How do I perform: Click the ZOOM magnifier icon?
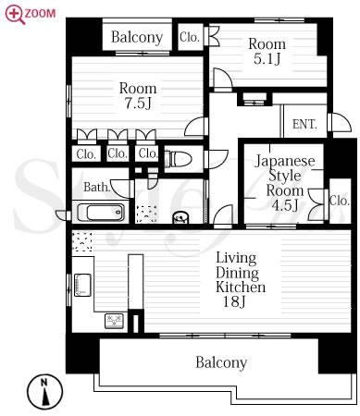click(x=15, y=15)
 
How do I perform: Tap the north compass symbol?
click(x=44, y=391)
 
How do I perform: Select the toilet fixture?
click(x=179, y=159)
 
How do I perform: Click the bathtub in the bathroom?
click(x=101, y=213)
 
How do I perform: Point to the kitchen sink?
click(x=82, y=285)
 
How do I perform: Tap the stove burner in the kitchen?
click(x=114, y=321)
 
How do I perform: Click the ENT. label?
click(x=304, y=124)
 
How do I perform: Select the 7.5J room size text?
click(x=138, y=103)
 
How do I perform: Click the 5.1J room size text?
click(x=267, y=58)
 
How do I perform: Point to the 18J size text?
click(x=234, y=301)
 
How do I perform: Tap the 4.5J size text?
click(x=285, y=205)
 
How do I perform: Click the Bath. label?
click(x=97, y=187)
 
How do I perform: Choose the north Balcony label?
click(x=137, y=37)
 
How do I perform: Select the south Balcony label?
click(x=221, y=362)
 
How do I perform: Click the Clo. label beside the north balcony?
click(x=190, y=37)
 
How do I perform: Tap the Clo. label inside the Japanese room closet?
click(x=340, y=201)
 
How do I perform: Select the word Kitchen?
click(x=241, y=287)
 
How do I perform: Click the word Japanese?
click(x=285, y=161)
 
